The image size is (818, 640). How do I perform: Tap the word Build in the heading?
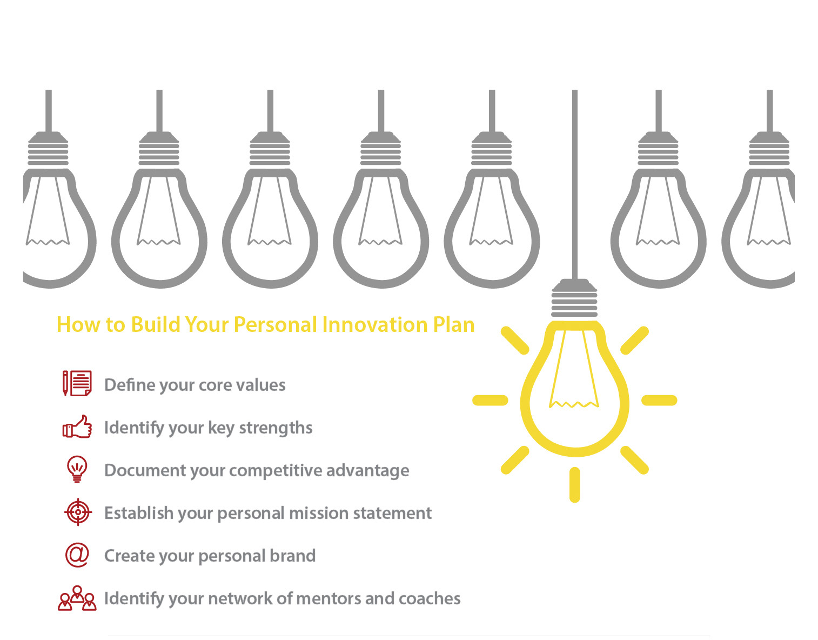point(156,324)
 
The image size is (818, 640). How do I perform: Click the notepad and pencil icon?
point(77,383)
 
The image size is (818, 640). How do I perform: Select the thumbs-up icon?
point(77,426)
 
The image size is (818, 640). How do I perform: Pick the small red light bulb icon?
point(77,469)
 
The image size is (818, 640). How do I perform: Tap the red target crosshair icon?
point(78,512)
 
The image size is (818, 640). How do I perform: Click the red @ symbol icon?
point(77,555)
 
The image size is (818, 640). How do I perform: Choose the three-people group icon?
point(77,598)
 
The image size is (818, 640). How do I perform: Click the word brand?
point(294,556)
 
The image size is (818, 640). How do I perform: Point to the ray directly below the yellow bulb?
point(575,485)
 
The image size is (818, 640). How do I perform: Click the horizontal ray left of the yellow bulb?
point(490,400)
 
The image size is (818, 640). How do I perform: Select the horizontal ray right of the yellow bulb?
point(659,400)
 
